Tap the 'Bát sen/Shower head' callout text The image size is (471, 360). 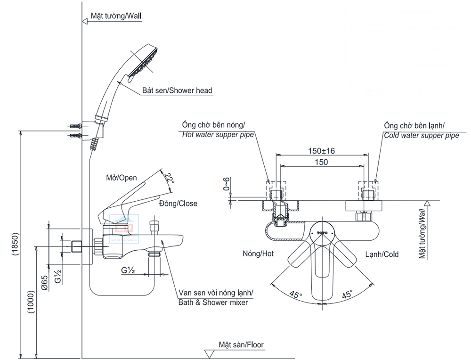(x=177, y=90)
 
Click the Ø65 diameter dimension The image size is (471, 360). (x=43, y=282)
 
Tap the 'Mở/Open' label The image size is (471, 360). (x=122, y=178)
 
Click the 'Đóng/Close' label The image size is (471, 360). (x=178, y=204)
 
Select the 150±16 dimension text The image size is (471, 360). (x=321, y=151)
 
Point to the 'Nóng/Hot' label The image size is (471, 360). (x=258, y=254)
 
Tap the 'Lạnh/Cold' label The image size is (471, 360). (x=382, y=254)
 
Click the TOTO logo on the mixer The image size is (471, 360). (x=322, y=233)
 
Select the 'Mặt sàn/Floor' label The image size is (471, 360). (x=241, y=345)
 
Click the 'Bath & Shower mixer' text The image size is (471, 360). (x=213, y=303)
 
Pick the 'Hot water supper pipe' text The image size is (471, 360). (x=218, y=135)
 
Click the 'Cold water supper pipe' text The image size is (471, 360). (x=421, y=135)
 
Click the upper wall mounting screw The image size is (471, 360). (x=75, y=126)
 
